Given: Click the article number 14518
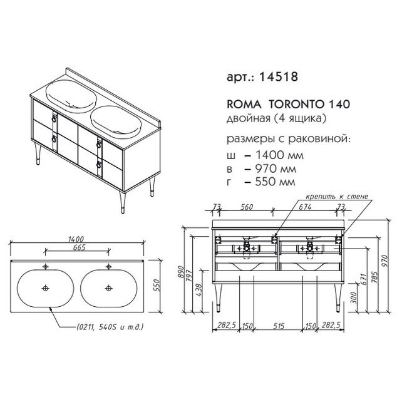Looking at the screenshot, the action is (x=279, y=76).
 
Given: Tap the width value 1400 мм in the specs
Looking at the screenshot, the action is (x=279, y=155).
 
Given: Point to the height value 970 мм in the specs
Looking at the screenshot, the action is (x=276, y=168).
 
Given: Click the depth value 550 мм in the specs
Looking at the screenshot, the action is (x=276, y=182).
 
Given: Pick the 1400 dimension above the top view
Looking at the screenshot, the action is (x=76, y=239).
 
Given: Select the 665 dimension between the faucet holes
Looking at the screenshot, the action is (x=79, y=248).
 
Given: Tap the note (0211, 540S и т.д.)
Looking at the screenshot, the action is (x=110, y=327).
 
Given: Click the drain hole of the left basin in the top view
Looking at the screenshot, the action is (x=46, y=288).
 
